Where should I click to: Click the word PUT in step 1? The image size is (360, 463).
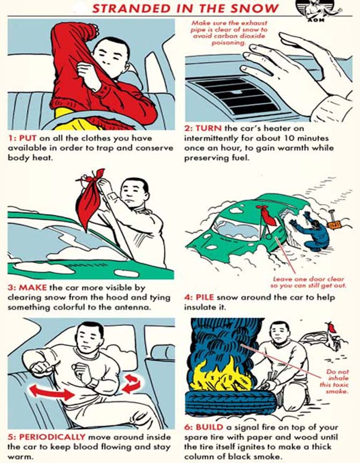point(28,138)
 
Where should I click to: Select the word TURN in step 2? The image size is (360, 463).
point(208,129)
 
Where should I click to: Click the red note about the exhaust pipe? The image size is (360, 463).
point(229,33)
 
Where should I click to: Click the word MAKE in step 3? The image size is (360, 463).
point(33,287)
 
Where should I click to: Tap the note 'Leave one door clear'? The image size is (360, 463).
point(309,282)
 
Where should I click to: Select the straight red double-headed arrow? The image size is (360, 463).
point(52,392)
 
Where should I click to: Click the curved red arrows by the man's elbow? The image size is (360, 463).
point(131,384)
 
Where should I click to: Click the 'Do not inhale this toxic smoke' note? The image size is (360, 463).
point(334,382)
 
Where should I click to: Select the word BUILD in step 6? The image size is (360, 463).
point(209,427)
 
